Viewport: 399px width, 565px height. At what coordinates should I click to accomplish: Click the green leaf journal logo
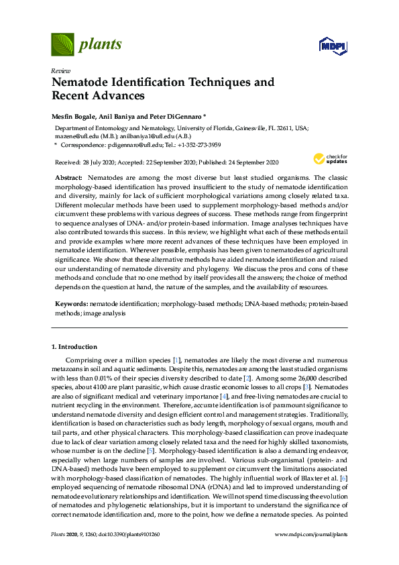(63, 44)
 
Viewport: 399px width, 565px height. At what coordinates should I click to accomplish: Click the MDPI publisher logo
(332, 45)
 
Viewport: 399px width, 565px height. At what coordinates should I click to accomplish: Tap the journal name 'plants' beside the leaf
(101, 45)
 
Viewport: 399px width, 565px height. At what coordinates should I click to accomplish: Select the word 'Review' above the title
(60, 70)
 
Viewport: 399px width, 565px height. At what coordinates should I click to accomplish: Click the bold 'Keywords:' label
(71, 304)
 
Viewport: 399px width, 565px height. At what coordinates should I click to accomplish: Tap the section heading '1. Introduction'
(74, 346)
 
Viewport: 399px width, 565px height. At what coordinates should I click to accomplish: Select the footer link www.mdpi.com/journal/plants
(312, 535)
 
